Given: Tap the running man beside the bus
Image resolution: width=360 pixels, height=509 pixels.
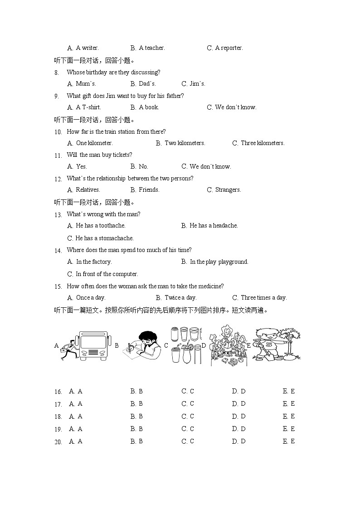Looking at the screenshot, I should pos(69,350).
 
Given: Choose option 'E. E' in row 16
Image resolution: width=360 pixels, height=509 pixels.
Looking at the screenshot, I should pos(288,391).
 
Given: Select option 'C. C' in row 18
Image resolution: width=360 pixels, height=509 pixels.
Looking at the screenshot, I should pos(188,417).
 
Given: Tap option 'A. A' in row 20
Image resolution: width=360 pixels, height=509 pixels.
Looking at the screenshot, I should pos(75,441).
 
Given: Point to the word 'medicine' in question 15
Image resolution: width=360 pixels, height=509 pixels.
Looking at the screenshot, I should pos(211,286).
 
